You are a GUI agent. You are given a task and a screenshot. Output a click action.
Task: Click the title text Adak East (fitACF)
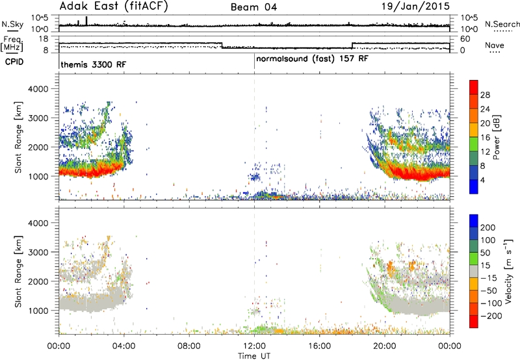113,6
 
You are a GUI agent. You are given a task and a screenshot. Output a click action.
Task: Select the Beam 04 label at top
253,7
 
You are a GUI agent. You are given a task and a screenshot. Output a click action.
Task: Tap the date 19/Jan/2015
415,6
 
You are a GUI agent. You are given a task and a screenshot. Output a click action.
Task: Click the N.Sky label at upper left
12,24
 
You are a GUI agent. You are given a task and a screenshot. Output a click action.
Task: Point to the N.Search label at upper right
502,24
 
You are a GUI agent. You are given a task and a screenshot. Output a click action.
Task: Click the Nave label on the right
495,45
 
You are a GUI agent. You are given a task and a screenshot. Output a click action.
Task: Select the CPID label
14,62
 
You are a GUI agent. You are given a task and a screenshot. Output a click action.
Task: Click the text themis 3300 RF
93,64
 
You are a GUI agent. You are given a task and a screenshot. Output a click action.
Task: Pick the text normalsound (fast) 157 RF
312,59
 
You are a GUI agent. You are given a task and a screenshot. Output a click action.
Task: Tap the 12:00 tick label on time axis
254,346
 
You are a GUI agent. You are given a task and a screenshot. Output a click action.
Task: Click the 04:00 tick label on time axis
123,346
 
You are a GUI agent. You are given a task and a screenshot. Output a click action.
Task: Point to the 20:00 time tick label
385,346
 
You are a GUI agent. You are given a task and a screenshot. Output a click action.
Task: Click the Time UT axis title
254,356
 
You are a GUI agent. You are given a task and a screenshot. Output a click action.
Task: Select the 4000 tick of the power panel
38,89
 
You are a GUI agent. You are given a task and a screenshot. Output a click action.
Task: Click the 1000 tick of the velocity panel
38,311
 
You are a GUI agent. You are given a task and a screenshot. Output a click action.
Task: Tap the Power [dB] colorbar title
496,137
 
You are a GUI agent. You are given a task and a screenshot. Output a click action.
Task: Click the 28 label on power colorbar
485,95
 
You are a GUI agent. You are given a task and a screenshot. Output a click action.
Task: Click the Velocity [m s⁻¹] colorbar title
508,271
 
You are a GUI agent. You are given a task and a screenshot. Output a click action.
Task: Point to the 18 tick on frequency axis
44,39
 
